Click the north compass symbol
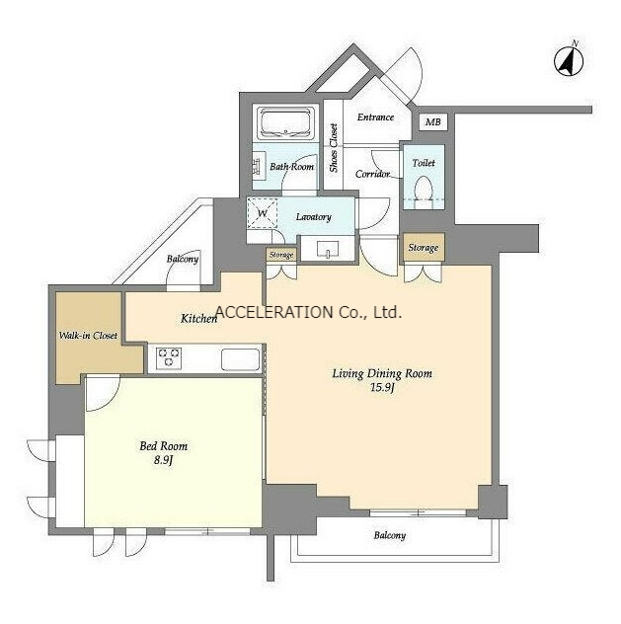click(569, 60)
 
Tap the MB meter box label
click(432, 121)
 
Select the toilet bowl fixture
click(423, 191)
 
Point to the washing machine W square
click(263, 213)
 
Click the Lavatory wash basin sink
click(328, 250)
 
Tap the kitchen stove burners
click(169, 357)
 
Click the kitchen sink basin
click(240, 358)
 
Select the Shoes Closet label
click(334, 148)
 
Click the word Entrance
click(375, 117)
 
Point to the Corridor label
click(372, 174)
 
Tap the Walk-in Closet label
click(88, 336)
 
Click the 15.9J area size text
click(382, 387)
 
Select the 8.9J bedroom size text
click(164, 460)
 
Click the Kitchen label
click(198, 318)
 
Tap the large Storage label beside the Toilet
click(424, 248)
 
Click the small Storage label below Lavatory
click(281, 255)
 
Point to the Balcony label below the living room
click(389, 535)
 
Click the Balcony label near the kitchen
click(183, 259)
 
